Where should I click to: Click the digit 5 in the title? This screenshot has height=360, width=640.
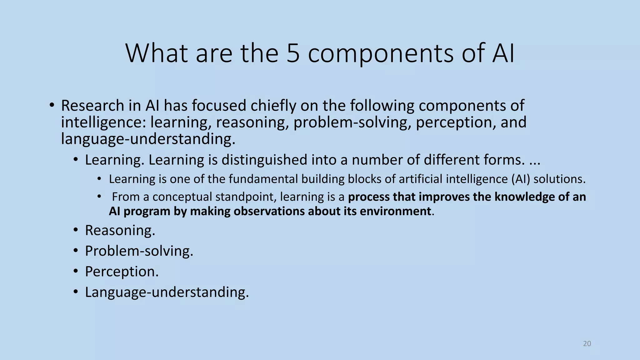point(293,53)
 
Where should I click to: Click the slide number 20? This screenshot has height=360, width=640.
point(587,344)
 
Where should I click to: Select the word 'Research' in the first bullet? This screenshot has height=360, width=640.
point(92,106)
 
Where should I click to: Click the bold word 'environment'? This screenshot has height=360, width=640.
point(395,211)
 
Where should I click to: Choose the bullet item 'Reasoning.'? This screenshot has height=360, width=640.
point(120,231)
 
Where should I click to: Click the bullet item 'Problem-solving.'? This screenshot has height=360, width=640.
point(139,251)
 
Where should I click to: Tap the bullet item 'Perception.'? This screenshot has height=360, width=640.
point(122,272)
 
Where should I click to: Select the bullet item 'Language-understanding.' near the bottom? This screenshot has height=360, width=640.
point(167,292)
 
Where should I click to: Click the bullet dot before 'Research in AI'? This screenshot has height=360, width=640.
point(52,105)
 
